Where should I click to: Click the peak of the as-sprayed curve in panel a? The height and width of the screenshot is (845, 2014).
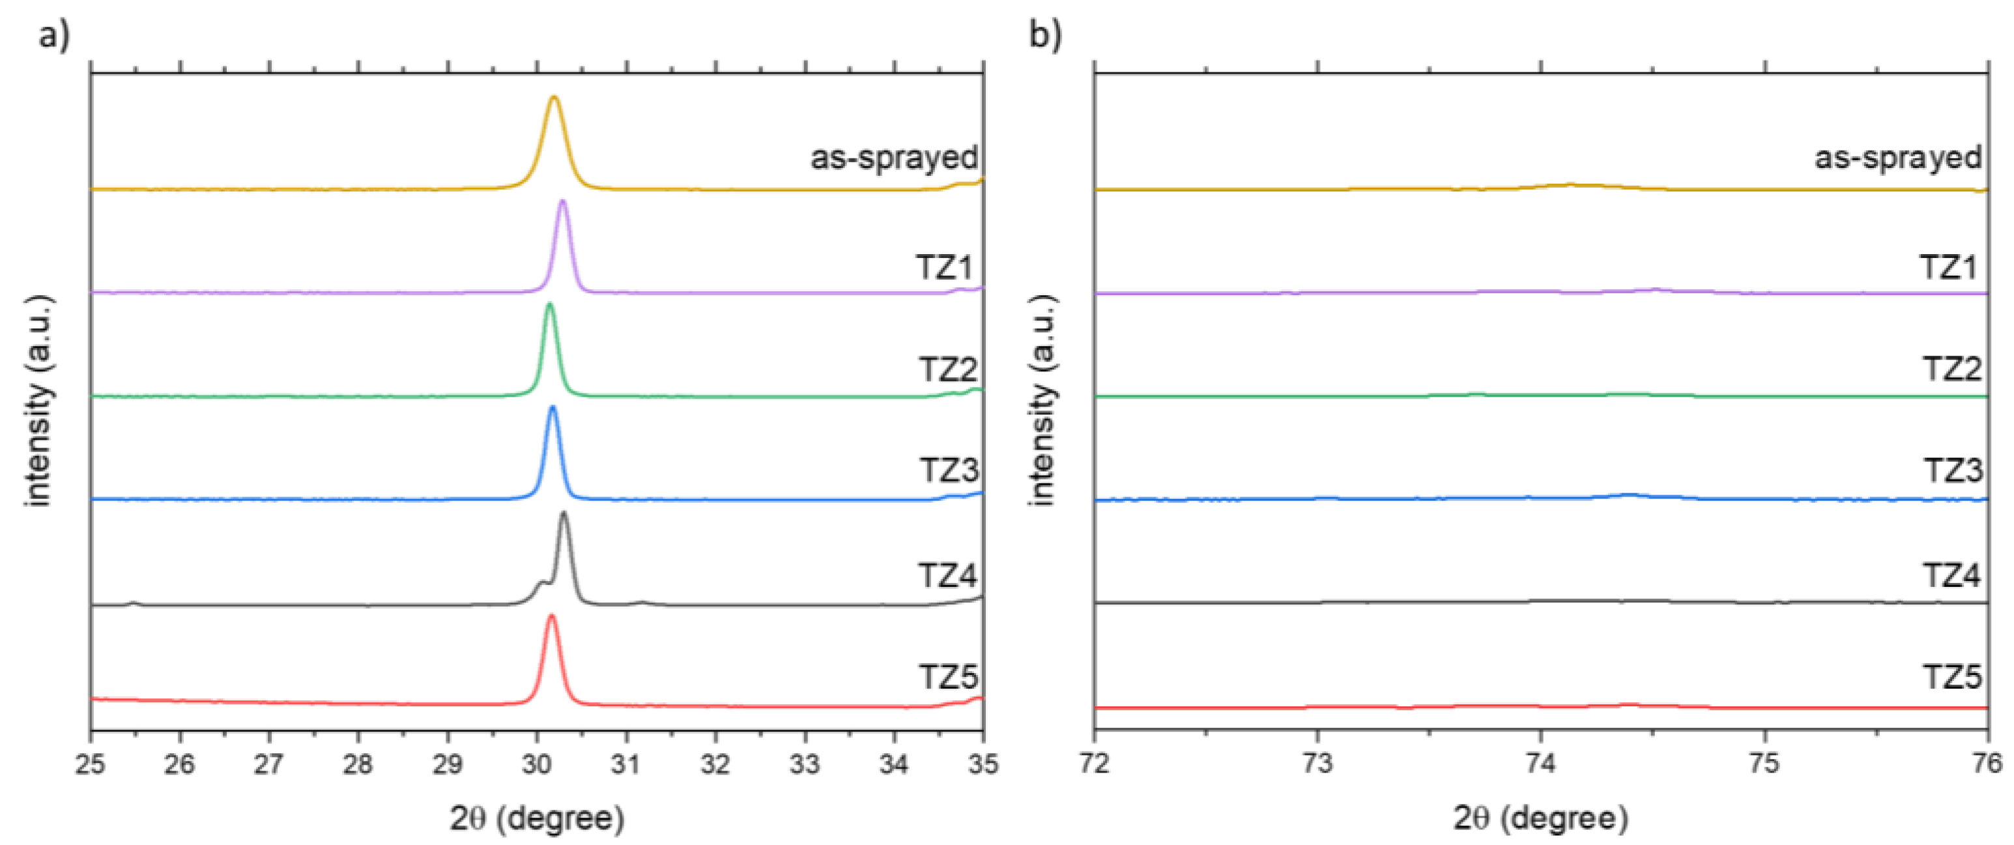click(x=554, y=98)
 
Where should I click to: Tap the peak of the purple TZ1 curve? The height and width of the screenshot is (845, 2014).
click(x=562, y=203)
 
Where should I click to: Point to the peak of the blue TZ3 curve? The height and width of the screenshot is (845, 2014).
click(x=553, y=408)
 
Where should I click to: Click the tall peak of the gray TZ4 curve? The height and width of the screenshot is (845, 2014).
click(x=564, y=513)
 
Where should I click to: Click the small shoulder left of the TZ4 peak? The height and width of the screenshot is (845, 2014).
click(x=540, y=583)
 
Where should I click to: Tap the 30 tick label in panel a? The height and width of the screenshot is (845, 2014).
click(x=536, y=764)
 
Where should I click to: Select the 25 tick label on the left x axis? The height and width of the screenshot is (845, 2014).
click(x=91, y=764)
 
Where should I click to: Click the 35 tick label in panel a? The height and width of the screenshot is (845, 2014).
click(x=982, y=764)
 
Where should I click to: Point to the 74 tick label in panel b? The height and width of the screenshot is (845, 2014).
click(x=1540, y=764)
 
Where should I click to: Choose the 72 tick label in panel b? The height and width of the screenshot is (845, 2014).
click(x=1095, y=764)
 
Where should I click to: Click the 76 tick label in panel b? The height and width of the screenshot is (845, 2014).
click(x=1987, y=764)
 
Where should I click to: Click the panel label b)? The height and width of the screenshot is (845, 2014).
click(x=1045, y=35)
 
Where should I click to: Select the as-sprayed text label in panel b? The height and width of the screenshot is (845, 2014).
click(x=1897, y=158)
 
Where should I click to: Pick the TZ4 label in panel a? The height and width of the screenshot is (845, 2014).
click(x=947, y=576)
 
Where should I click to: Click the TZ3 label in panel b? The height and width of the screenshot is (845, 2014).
click(x=1952, y=470)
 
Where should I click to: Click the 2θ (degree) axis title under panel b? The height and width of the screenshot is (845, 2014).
click(x=1540, y=818)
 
